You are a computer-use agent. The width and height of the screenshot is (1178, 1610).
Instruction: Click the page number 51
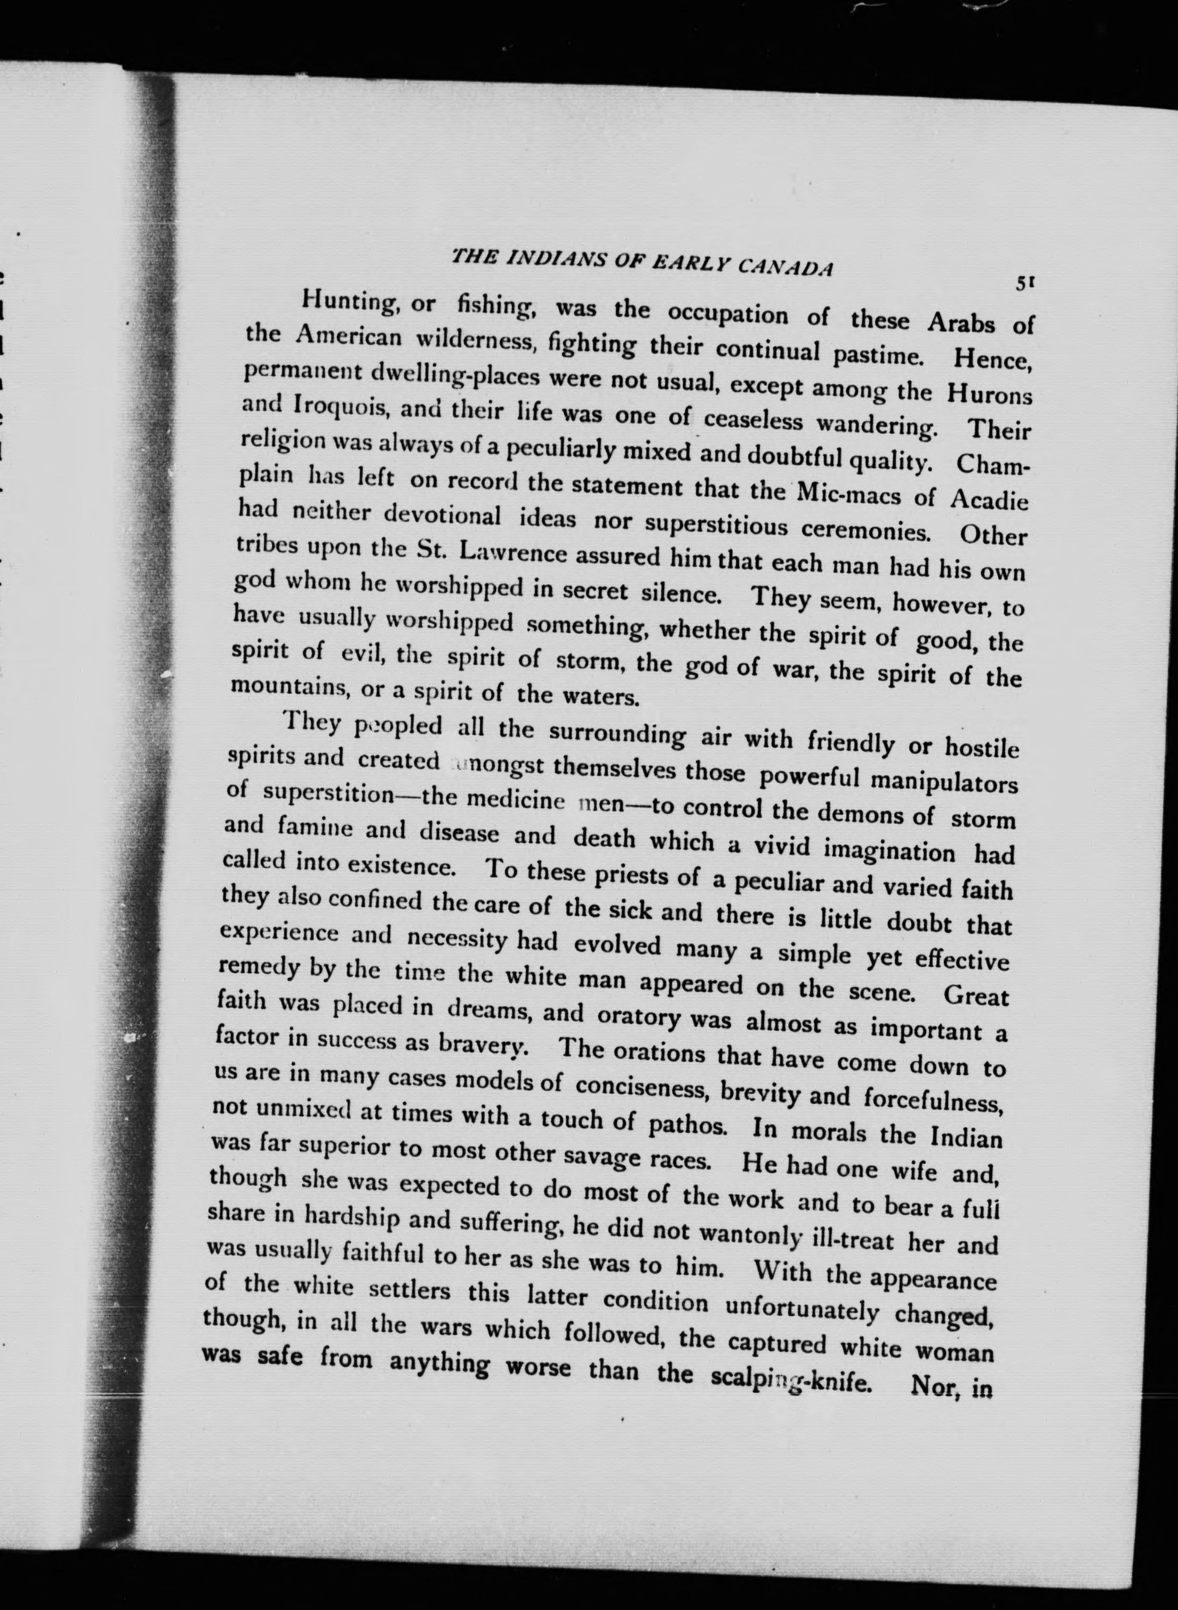tap(1025, 283)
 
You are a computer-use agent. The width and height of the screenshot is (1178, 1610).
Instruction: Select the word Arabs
tap(960, 323)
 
